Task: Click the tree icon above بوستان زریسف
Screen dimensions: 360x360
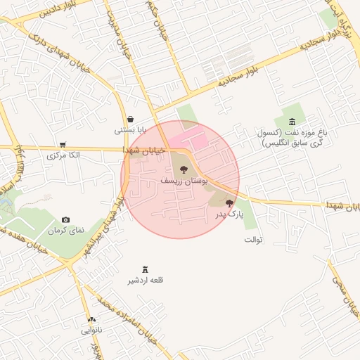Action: click(184, 169)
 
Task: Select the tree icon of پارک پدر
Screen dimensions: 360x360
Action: click(229, 203)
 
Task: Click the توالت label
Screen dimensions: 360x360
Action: click(253, 240)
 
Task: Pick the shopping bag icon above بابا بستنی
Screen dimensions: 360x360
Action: click(131, 119)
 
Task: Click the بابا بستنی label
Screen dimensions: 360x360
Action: click(130, 130)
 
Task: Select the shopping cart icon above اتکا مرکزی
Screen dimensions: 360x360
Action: click(63, 143)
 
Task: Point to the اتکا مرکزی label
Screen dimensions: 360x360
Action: click(63, 155)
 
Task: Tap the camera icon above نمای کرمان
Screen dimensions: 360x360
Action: click(66, 220)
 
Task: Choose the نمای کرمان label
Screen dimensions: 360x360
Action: click(65, 231)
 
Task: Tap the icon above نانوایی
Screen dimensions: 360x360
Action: click(91, 319)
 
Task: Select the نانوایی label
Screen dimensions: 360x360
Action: click(91, 329)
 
